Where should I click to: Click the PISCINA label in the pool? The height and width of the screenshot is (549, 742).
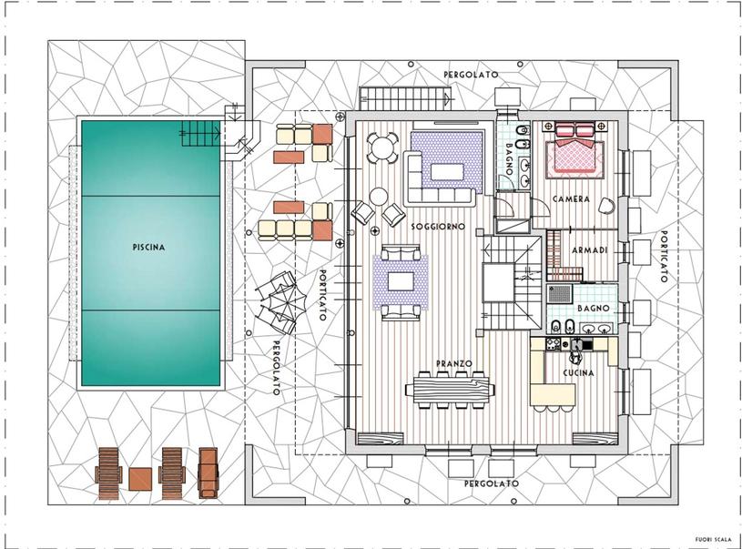148,247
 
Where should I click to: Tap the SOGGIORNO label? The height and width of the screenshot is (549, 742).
438,227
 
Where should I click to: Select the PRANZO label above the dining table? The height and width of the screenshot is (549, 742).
453,363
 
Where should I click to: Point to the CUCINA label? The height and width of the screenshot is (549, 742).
578,373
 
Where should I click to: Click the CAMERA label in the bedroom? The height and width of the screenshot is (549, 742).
571,199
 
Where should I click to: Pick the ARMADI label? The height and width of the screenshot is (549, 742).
589,249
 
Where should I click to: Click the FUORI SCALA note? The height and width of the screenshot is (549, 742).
713,539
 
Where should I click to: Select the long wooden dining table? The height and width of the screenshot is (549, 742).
450,390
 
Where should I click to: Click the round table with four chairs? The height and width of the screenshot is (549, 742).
382,148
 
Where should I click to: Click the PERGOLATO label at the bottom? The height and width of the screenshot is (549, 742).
492,483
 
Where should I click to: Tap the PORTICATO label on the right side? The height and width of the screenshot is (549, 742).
664,257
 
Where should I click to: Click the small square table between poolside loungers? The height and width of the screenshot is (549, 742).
140,479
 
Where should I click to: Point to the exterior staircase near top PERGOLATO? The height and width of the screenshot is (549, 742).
404,98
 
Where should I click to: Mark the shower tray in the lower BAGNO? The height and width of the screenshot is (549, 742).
559,293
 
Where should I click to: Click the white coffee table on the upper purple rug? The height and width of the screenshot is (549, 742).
447,172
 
